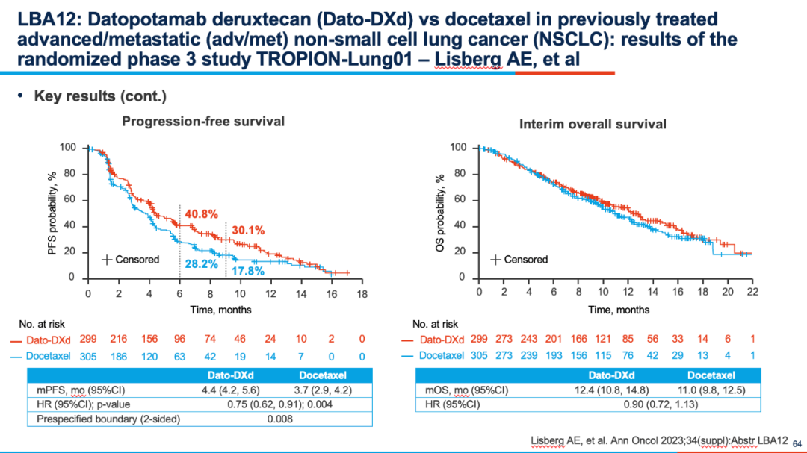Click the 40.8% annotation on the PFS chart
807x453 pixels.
(x=201, y=214)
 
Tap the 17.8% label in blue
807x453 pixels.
(x=248, y=271)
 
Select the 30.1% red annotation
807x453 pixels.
(x=248, y=231)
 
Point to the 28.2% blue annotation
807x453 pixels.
(x=201, y=264)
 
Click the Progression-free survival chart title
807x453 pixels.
(x=203, y=122)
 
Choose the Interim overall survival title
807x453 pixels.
(x=593, y=125)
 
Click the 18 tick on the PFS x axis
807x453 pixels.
(x=362, y=294)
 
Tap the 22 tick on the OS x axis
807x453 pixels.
(x=752, y=292)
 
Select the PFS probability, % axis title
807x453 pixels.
(x=52, y=213)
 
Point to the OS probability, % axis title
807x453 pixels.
(x=440, y=213)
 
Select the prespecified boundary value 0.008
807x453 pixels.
(x=280, y=419)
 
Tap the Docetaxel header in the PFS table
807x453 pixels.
(x=323, y=375)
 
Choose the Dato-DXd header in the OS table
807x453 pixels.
(x=611, y=375)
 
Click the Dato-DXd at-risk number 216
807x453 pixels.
(x=118, y=339)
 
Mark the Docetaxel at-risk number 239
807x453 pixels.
(x=528, y=355)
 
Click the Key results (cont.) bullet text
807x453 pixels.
(x=100, y=96)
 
